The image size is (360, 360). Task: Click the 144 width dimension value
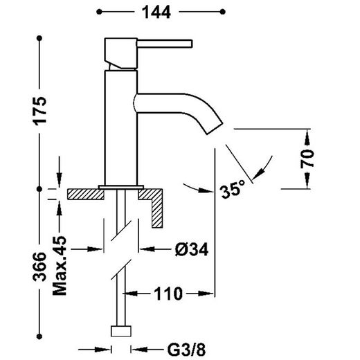pos(160,12)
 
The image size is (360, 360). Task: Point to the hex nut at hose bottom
pos(122,330)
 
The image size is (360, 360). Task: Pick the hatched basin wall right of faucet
pos(156,208)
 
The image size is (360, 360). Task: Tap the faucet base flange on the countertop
pos(120,186)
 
